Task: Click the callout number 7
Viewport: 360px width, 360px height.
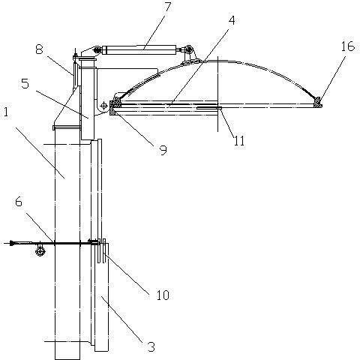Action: (x=167, y=7)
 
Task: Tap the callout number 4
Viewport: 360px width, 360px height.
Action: (x=232, y=20)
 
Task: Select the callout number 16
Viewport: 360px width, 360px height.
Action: (x=348, y=46)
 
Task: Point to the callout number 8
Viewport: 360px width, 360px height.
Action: (x=39, y=49)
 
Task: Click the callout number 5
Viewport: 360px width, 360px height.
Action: (x=25, y=83)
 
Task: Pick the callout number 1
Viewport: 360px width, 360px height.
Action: (x=6, y=112)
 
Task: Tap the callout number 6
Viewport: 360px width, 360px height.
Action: (x=19, y=202)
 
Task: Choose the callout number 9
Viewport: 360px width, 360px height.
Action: (x=163, y=150)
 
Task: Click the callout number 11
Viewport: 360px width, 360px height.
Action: (x=239, y=141)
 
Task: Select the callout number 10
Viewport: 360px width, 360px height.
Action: (x=163, y=295)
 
